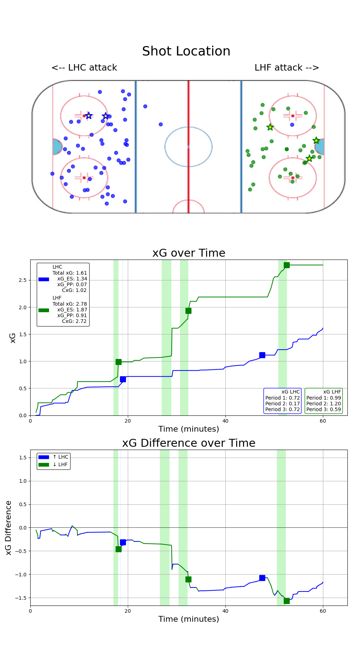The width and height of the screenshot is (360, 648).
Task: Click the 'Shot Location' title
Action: click(x=186, y=51)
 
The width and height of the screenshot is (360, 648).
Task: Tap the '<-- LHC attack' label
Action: click(x=84, y=68)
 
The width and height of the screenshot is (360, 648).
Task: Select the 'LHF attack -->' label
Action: click(x=287, y=68)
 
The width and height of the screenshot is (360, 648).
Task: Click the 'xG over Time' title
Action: click(x=189, y=253)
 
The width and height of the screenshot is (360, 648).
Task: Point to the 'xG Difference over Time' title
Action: click(x=189, y=443)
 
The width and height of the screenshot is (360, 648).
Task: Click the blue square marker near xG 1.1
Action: click(x=262, y=355)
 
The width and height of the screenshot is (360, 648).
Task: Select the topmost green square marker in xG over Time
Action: click(x=287, y=265)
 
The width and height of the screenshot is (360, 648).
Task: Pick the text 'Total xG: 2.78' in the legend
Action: click(x=70, y=304)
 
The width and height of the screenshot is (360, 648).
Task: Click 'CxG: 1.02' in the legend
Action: click(x=74, y=290)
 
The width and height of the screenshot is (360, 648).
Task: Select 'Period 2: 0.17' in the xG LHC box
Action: click(x=283, y=404)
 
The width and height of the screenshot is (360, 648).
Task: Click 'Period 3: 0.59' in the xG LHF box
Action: click(x=324, y=409)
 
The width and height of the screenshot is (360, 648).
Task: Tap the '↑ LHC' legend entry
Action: click(x=60, y=457)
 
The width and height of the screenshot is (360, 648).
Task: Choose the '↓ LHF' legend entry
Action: click(x=60, y=464)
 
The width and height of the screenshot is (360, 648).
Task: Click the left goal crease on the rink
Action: click(x=57, y=147)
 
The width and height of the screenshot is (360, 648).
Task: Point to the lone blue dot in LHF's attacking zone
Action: click(x=292, y=125)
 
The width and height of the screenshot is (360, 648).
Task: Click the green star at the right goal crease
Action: click(x=316, y=140)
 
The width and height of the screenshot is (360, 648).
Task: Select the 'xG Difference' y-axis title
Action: click(x=9, y=528)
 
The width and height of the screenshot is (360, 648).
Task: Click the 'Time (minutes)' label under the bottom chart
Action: click(x=189, y=619)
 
